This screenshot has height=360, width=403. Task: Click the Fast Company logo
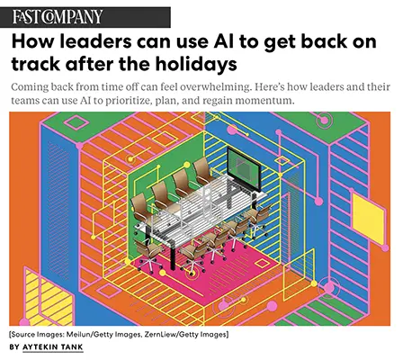[58, 17]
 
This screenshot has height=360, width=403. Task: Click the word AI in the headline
[224, 41]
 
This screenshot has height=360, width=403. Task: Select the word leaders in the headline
[95, 41]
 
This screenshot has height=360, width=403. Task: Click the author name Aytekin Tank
[53, 347]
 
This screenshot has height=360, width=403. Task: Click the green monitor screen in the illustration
[243, 168]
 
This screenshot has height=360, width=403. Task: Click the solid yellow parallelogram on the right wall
[368, 218]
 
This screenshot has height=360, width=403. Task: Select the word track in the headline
[35, 64]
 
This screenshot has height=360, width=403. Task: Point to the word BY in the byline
[14, 347]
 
